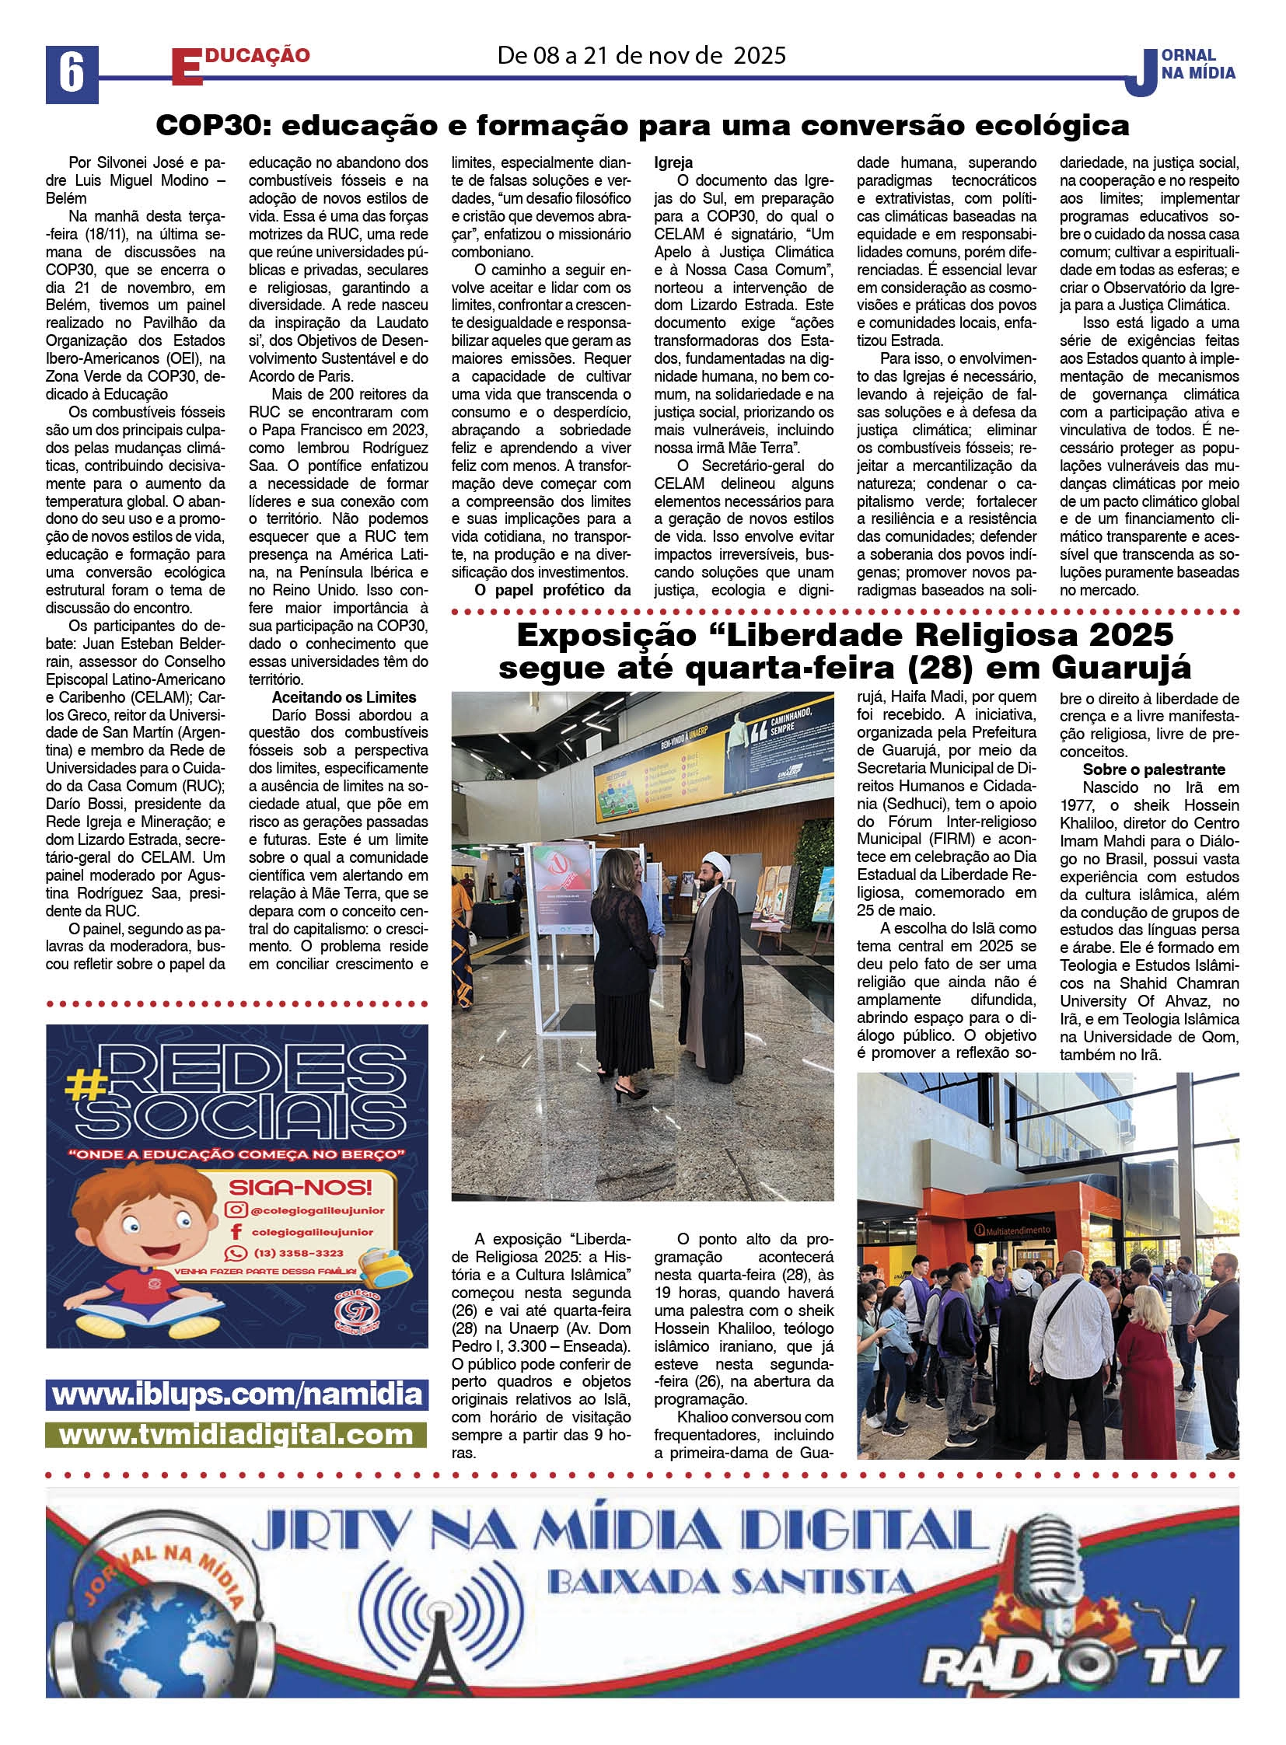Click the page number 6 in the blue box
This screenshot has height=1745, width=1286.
(72, 75)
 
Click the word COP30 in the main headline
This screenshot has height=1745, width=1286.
(205, 125)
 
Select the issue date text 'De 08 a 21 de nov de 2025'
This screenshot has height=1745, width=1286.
(641, 55)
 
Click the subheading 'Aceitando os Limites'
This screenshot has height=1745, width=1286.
(344, 697)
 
